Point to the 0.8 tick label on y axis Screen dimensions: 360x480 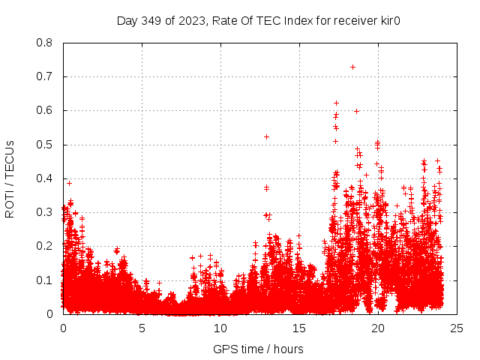pos(45,43)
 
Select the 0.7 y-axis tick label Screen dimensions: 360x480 pos(45,76)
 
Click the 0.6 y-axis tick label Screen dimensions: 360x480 pos(45,110)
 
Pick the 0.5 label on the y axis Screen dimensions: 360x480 pos(45,144)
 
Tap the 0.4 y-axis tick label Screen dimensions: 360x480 pos(45,178)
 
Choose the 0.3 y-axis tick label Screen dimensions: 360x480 pos(45,212)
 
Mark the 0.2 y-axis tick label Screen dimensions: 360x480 pos(45,246)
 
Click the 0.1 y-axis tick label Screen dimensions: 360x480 pos(45,280)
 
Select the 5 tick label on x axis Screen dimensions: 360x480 pos(142,328)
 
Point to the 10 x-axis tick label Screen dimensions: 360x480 pos(220,328)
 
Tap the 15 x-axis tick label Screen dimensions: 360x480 pos(299,328)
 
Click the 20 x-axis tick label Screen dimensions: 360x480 pos(378,328)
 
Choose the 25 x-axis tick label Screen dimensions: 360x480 pos(457,328)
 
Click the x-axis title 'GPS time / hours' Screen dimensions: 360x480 pos(259,349)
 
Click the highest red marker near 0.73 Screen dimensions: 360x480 pos(352,67)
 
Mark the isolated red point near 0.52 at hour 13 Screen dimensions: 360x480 pos(266,136)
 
